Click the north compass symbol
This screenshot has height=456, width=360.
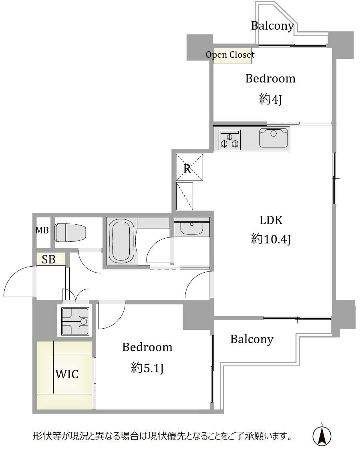[322, 435]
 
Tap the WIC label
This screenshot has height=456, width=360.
[67, 374]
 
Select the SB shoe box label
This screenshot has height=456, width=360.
[48, 259]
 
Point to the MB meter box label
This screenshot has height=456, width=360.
[42, 230]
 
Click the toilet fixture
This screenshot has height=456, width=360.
[70, 233]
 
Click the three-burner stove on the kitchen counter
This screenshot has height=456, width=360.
[229, 140]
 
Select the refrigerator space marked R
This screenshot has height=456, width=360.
[189, 167]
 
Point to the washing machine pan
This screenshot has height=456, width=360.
[75, 321]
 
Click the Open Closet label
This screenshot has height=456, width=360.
[230, 55]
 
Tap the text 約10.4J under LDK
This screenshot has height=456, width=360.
[271, 239]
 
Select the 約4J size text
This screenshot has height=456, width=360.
[270, 99]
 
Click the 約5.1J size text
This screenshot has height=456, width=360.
[147, 368]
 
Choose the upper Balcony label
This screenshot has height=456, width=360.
[272, 26]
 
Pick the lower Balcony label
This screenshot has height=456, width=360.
[252, 339]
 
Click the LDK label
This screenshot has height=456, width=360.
[271, 220]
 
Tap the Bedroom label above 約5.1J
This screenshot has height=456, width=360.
[147, 347]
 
